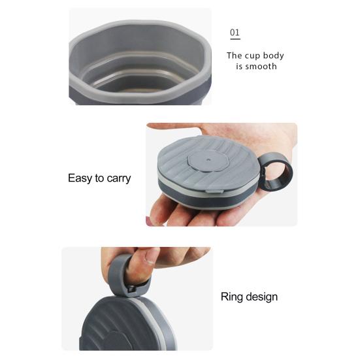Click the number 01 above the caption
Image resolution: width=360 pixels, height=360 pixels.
[x=235, y=33]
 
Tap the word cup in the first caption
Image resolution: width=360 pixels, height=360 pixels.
[x=256, y=56]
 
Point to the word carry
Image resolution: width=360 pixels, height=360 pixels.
[x=118, y=178]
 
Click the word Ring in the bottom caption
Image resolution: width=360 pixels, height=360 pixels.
[x=232, y=297]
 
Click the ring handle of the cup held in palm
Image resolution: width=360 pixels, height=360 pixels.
[x=278, y=171]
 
